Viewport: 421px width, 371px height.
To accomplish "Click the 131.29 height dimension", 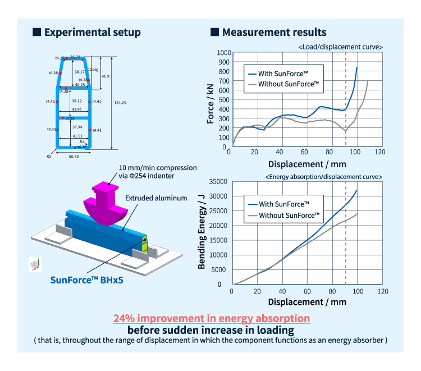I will pos(120,103).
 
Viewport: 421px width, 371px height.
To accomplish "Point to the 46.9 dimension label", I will pos(106,76).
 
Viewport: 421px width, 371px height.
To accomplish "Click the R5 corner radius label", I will pos(49,157).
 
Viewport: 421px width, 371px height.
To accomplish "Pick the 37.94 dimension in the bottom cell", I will pos(77,127).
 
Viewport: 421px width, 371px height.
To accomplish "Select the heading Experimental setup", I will pos(93,33).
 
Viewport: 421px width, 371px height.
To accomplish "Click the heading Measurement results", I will pos(274,33).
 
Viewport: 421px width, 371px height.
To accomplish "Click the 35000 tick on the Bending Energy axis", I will pos(219,182).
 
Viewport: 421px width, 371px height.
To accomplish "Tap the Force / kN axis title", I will pos(210,102).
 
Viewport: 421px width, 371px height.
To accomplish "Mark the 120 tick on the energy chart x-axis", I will pos(382,292).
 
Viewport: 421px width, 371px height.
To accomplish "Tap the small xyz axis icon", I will pos(34,264).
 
